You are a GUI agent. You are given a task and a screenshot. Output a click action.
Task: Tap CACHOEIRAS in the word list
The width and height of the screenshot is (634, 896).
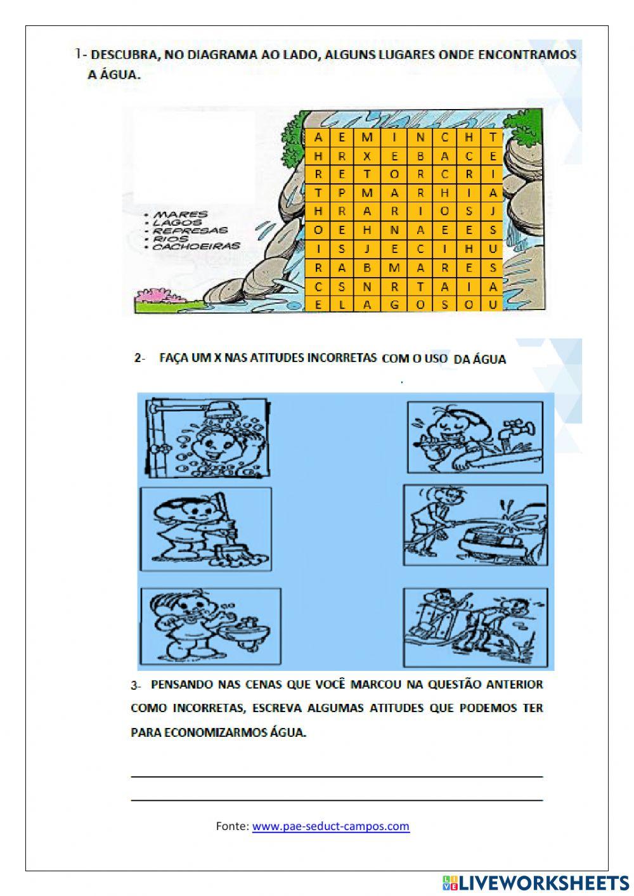[x=197, y=246]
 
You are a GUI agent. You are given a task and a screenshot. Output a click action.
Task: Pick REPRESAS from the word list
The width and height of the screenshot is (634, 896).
[x=190, y=231]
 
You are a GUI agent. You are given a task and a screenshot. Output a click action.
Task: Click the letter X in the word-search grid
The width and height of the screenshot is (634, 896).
[x=367, y=156]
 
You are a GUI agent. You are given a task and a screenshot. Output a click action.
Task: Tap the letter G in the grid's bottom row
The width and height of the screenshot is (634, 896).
[x=394, y=305]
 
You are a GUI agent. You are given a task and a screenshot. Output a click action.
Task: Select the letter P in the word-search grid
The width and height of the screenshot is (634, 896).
[x=342, y=193]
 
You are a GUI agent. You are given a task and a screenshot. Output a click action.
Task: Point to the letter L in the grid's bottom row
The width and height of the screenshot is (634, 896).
[x=342, y=305]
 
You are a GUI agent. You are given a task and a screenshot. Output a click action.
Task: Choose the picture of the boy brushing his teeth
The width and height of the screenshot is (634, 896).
[x=210, y=625]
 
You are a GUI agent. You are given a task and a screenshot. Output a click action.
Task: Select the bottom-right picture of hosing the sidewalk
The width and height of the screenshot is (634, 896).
[x=475, y=627]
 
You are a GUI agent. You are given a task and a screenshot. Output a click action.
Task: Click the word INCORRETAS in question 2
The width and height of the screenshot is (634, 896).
[x=342, y=358]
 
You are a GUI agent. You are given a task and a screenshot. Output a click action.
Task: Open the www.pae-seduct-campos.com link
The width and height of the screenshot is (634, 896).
[x=330, y=826]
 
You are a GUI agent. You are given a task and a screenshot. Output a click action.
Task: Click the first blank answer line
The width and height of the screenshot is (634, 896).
[x=336, y=776]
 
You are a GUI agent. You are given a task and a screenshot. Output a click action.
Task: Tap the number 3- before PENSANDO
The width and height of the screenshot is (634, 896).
[x=135, y=685]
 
